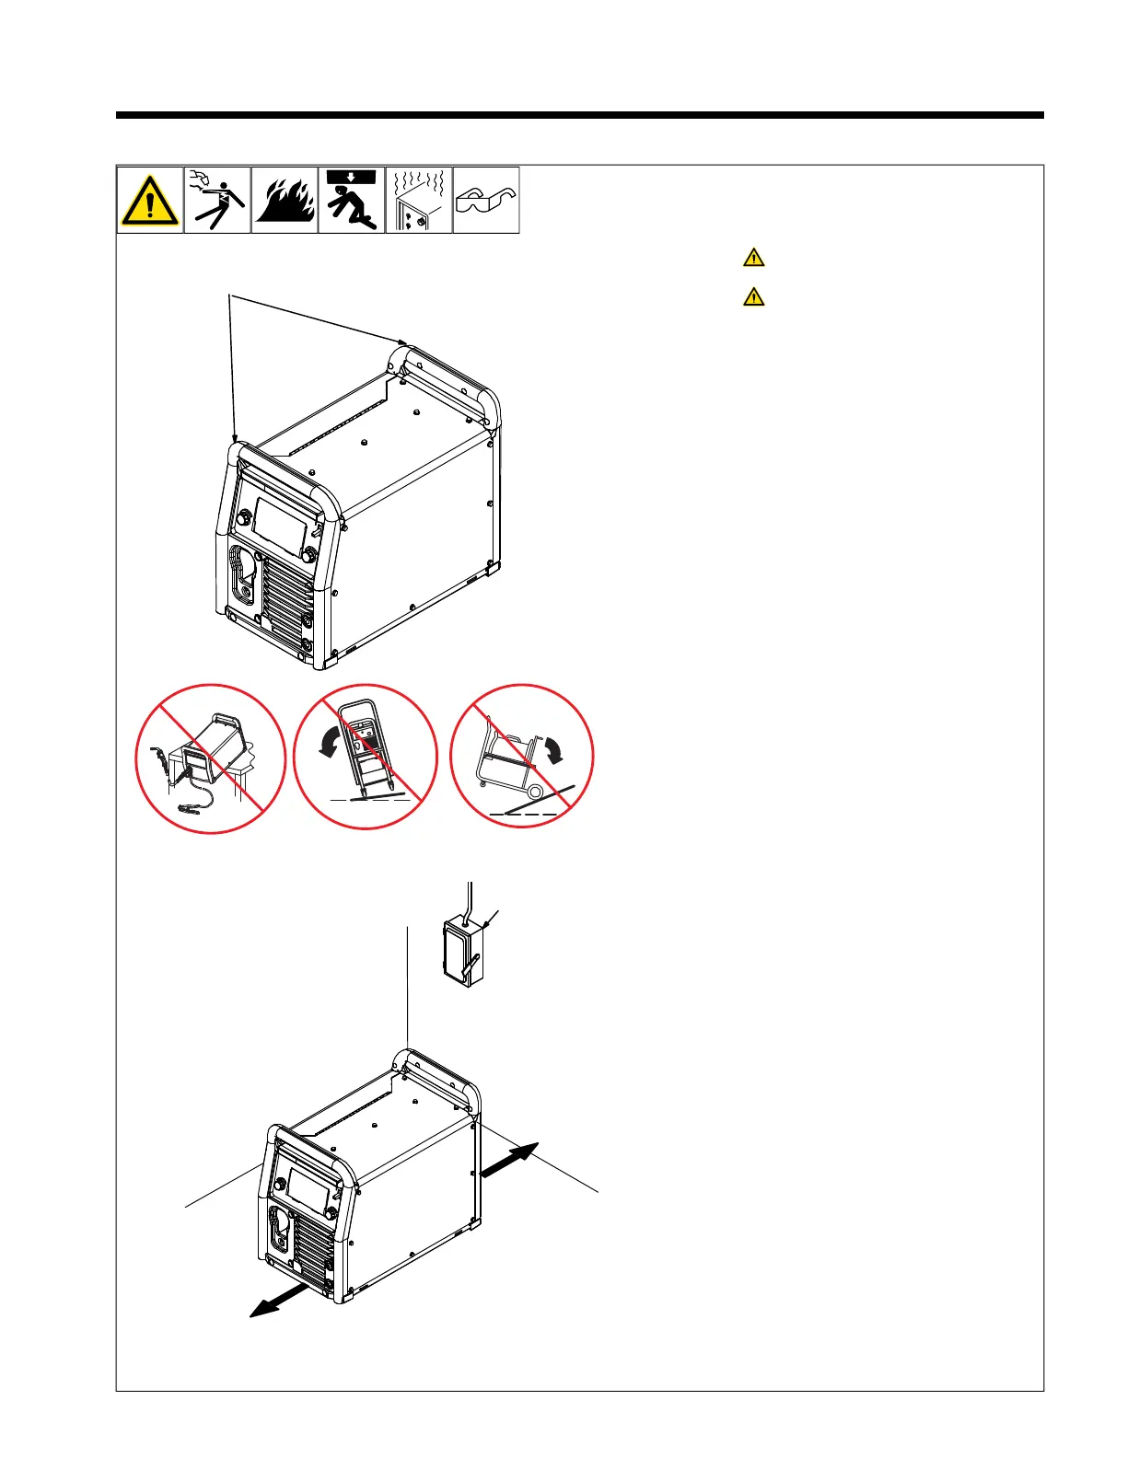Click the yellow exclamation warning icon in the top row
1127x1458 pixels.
[150, 200]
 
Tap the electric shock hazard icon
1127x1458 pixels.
[217, 200]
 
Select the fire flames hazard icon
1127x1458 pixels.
[285, 200]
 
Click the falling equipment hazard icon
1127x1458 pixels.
[352, 200]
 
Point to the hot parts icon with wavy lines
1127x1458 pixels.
[419, 200]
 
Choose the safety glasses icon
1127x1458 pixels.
[486, 200]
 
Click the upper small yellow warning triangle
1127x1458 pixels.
[753, 258]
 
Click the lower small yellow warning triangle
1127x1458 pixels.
[753, 297]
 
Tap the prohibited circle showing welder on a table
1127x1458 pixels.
[211, 758]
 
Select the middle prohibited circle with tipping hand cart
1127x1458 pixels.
[366, 757]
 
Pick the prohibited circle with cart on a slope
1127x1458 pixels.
[522, 756]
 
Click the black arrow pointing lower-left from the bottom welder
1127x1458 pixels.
[280, 1302]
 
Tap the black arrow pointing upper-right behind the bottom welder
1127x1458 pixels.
[509, 1158]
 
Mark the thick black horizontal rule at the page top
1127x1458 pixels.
[580, 116]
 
